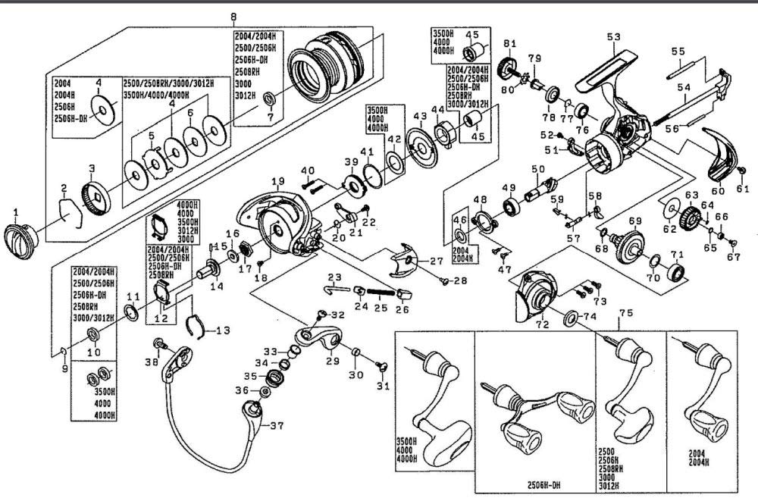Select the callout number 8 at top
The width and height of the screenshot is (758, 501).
pyautogui.click(x=233, y=17)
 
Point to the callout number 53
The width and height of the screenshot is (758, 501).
pyautogui.click(x=612, y=36)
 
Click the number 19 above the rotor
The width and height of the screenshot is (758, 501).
pyautogui.click(x=277, y=181)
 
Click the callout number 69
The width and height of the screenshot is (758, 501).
pyautogui.click(x=635, y=221)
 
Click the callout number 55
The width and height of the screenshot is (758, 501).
pyautogui.click(x=678, y=52)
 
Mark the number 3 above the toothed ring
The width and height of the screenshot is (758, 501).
pyautogui.click(x=92, y=168)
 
